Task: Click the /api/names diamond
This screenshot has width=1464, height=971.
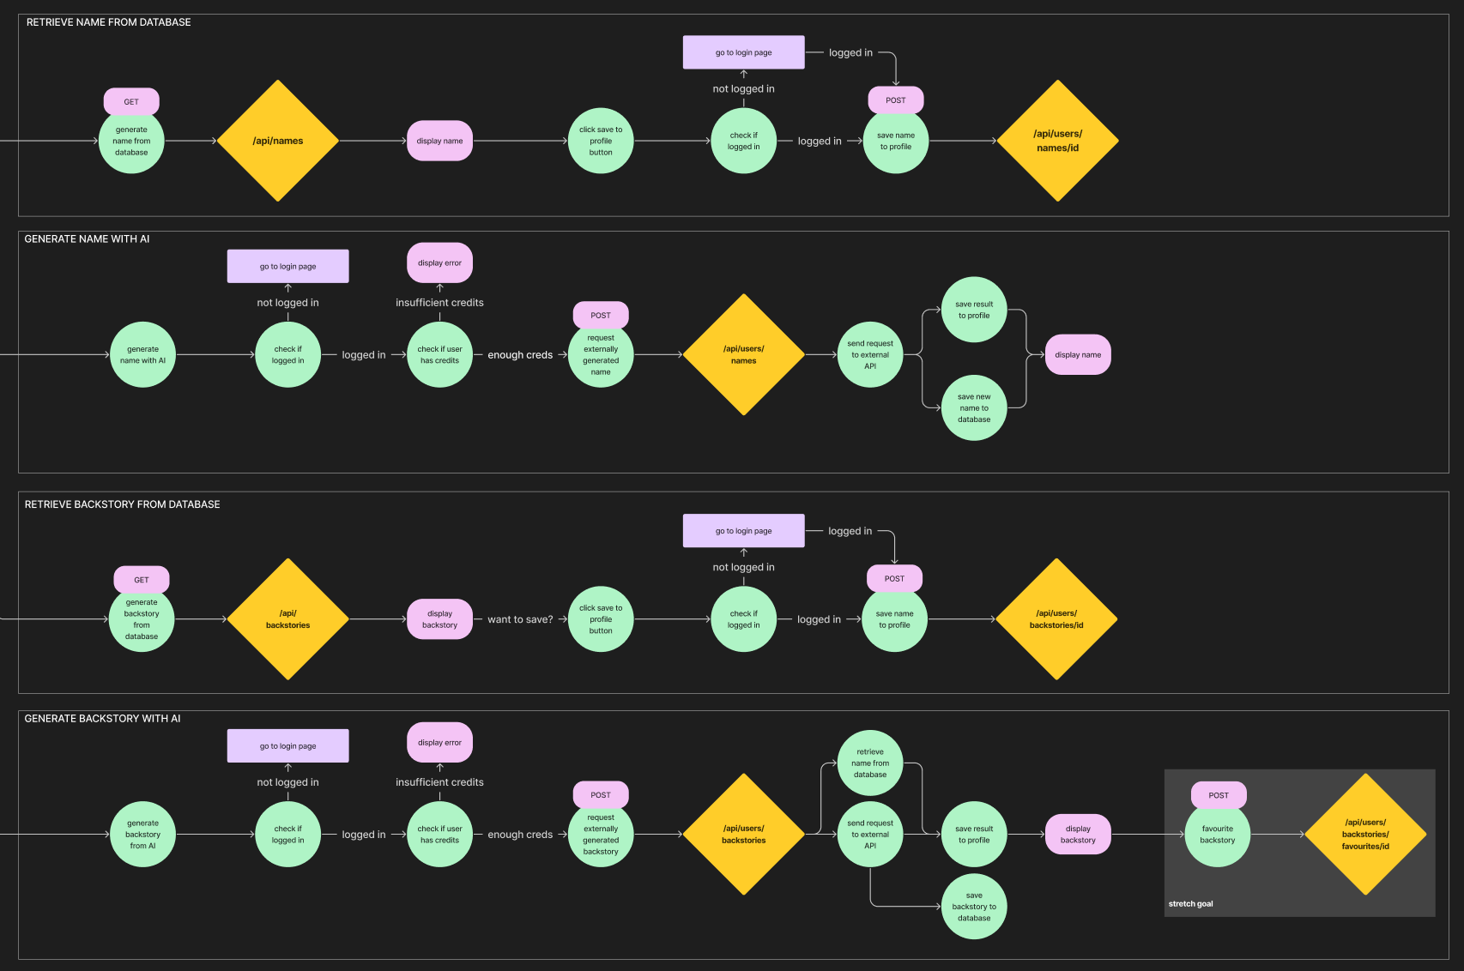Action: tap(278, 141)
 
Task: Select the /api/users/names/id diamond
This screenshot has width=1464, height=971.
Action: tap(1057, 141)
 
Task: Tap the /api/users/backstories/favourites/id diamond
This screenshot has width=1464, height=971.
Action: tap(1364, 834)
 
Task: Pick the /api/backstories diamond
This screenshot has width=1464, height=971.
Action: tap(287, 619)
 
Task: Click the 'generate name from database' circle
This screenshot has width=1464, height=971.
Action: tap(131, 142)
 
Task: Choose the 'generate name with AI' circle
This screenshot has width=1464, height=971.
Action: tap(142, 355)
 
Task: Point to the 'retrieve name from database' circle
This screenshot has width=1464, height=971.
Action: tap(869, 763)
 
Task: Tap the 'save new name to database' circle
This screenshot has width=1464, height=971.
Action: tap(974, 408)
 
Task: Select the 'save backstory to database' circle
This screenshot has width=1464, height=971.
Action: tap(974, 907)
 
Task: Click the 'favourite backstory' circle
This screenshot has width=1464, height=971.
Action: tap(1217, 835)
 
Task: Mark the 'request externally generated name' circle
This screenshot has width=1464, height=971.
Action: tap(601, 355)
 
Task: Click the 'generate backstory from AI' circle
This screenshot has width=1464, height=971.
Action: tap(142, 835)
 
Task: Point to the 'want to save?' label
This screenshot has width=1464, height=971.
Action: tap(520, 619)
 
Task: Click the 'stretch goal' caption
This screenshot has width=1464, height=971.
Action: tap(1190, 904)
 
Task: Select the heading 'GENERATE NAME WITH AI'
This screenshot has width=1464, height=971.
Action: tap(87, 239)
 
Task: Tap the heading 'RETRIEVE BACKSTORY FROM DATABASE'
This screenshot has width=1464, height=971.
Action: tap(122, 504)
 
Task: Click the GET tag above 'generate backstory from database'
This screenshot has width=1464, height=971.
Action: tap(142, 580)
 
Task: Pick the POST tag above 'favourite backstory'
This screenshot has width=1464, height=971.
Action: tap(1219, 795)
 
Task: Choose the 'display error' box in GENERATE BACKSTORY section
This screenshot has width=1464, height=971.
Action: tap(439, 743)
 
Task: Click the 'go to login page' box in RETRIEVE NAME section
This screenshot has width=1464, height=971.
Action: tap(743, 52)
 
